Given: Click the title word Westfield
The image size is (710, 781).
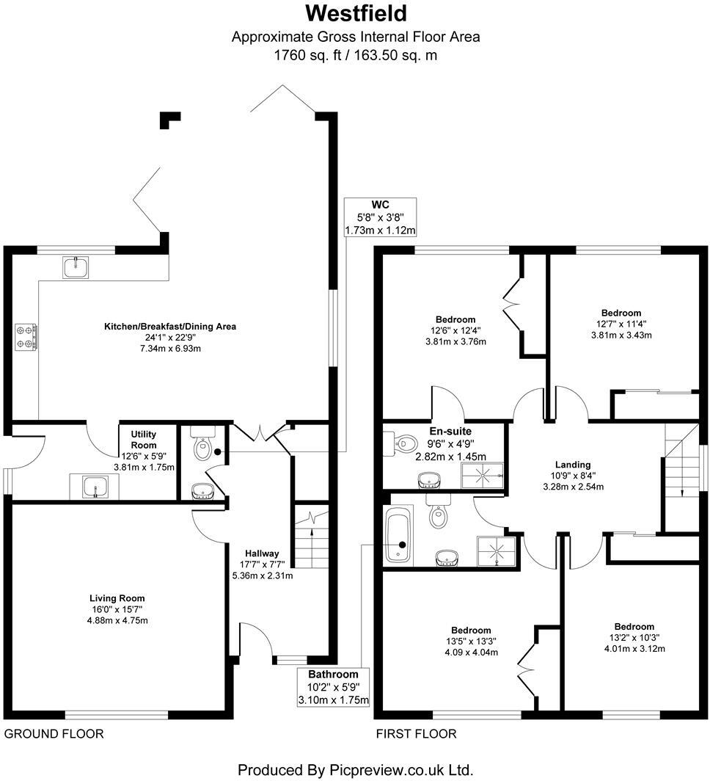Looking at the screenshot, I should coord(355,13).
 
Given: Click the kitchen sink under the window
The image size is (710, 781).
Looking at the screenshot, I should coord(76,268).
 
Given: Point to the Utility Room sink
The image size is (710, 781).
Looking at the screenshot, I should coord(95,486).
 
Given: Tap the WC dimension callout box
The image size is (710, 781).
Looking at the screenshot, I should coord(380,217).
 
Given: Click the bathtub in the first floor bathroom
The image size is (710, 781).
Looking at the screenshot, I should coord(399,538).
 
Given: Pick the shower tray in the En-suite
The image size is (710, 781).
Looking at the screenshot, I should coord(483,476).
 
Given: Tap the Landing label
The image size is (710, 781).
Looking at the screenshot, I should coord(573,465).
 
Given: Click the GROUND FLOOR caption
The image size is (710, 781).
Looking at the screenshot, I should coord(54,733).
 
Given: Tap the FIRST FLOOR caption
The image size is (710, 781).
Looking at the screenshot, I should coord(416,733).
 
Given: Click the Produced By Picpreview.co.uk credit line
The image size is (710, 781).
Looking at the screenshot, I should coord(354,769).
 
